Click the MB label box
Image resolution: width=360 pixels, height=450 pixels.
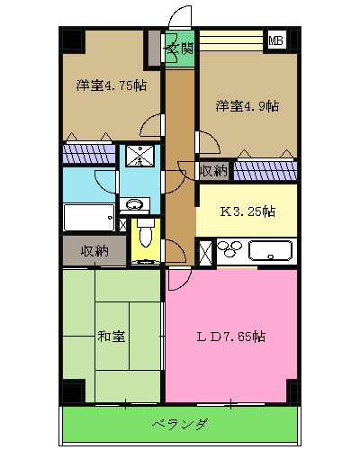(275, 40)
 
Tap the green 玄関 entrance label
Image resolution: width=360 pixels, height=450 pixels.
(179, 48)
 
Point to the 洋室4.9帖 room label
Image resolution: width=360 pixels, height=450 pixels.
(247, 105)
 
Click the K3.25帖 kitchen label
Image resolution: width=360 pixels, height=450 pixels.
(247, 212)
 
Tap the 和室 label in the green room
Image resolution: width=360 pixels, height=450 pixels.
(111, 337)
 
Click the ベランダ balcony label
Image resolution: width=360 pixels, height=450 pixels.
(179, 424)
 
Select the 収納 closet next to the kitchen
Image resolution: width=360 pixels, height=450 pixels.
(213, 169)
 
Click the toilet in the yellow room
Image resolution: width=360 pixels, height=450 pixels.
(144, 239)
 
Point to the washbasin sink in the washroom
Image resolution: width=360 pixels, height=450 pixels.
(137, 204)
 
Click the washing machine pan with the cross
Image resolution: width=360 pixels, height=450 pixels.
(139, 157)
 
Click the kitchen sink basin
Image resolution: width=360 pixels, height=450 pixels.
(270, 252)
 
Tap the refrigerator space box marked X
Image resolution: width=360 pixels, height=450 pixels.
(204, 252)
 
